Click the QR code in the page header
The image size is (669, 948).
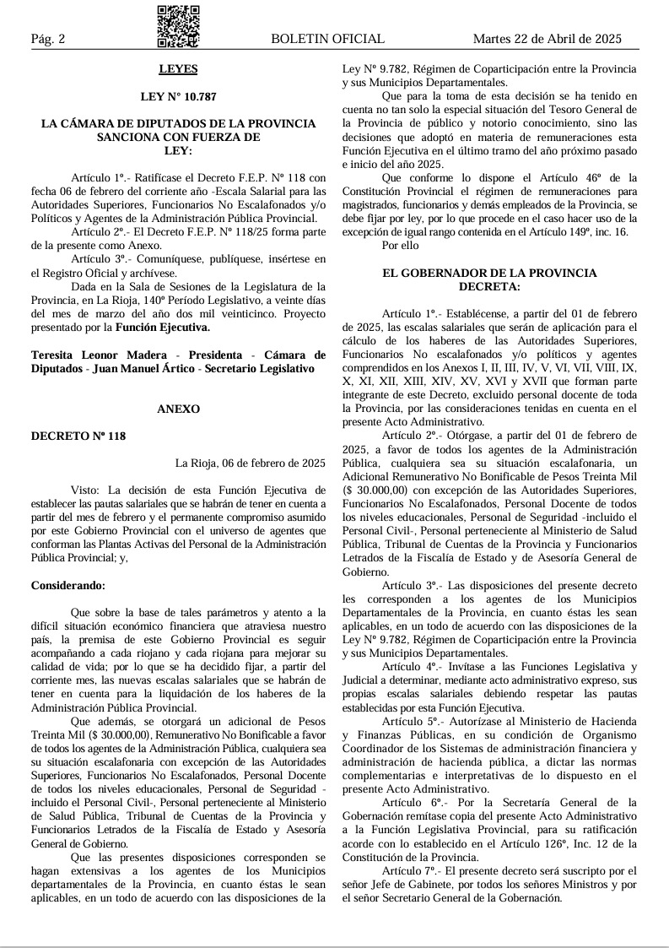178,25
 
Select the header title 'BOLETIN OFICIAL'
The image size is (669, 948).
327,39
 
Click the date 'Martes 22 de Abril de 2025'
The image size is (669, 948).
547,39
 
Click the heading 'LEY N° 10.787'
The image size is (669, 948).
178,96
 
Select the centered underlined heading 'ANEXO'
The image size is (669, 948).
178,409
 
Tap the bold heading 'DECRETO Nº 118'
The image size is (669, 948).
78,436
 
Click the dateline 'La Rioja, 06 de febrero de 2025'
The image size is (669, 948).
250,463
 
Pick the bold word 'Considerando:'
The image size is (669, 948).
69,585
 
